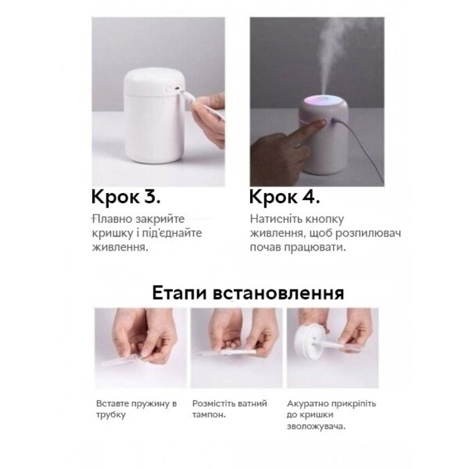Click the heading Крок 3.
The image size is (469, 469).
click(126, 198)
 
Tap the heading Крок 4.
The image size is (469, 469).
click(285, 198)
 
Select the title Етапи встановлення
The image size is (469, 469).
click(248, 293)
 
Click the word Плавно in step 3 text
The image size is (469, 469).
click(112, 219)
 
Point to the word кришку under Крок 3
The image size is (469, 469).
click(112, 234)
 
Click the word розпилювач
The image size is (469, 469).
click(368, 234)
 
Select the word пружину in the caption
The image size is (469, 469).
click(149, 404)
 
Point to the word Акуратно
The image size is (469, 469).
click(306, 404)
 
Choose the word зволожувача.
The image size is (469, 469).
click(316, 427)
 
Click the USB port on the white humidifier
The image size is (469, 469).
click(177, 89)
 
